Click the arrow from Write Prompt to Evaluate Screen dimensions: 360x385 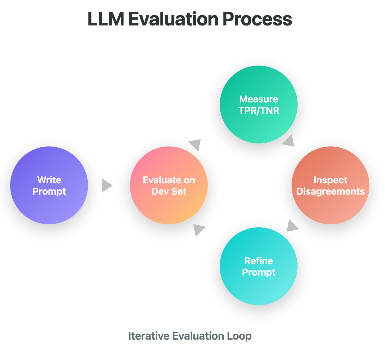(106, 185)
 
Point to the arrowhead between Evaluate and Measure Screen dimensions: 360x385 (195, 144)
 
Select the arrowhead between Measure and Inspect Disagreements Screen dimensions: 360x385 (289, 141)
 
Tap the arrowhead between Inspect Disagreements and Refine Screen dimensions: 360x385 (292, 226)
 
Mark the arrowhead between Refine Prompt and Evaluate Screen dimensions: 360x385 (198, 229)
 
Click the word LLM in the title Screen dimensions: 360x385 (106, 19)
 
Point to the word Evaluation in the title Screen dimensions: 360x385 (173, 19)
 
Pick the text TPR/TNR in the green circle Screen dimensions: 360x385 (259, 111)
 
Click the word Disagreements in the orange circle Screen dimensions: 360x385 (330, 191)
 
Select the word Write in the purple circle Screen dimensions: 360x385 (49, 180)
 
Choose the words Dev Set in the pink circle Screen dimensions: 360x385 (169, 191)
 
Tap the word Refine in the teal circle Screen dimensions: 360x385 (259, 261)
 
